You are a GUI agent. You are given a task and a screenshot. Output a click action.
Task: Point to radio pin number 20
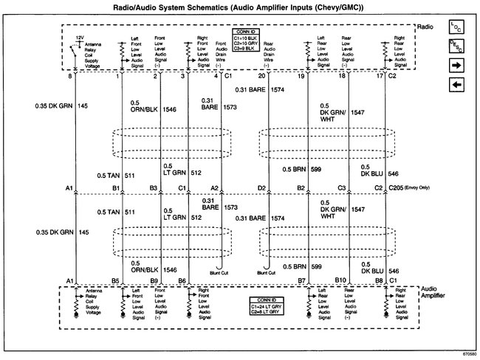pyautogui.click(x=261, y=76)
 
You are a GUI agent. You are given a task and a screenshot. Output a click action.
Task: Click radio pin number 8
pyautogui.click(x=70, y=76)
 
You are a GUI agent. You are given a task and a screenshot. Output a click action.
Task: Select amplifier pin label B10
pyautogui.click(x=340, y=280)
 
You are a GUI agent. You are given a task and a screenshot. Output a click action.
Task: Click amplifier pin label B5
pyautogui.click(x=115, y=280)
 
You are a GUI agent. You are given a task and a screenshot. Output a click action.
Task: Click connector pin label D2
pyautogui.click(x=261, y=189)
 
